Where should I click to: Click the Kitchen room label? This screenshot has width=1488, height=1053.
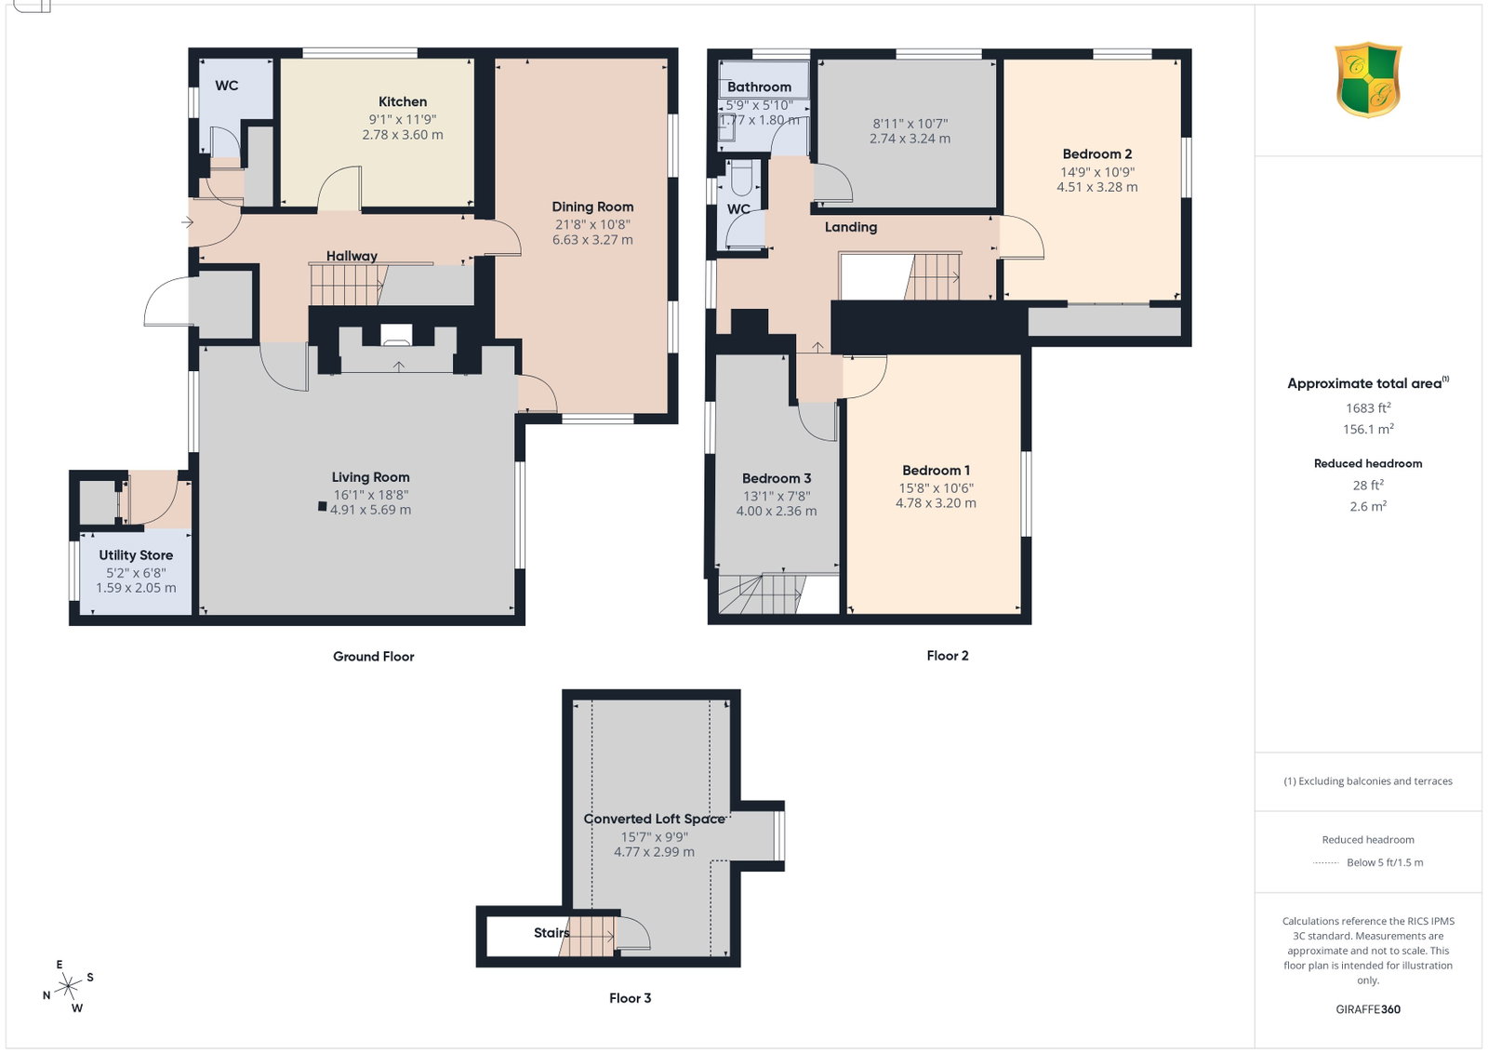pyautogui.click(x=403, y=101)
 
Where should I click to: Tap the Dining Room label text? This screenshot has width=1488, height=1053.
pyautogui.click(x=592, y=207)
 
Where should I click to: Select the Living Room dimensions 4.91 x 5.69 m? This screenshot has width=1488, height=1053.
pyautogui.click(x=371, y=510)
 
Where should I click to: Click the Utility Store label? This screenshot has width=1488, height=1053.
pyautogui.click(x=136, y=555)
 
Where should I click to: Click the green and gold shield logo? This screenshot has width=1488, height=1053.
pyautogui.click(x=1368, y=80)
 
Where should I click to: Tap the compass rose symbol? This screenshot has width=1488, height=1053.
pyautogui.click(x=69, y=987)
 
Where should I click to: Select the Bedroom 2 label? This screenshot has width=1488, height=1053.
pyautogui.click(x=1097, y=154)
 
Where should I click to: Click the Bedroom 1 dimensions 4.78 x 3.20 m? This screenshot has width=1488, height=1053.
pyautogui.click(x=936, y=503)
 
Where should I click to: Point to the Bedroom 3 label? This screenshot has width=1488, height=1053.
pyautogui.click(x=777, y=478)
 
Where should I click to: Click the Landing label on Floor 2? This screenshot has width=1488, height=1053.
pyautogui.click(x=851, y=227)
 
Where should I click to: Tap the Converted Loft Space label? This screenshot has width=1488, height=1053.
pyautogui.click(x=655, y=820)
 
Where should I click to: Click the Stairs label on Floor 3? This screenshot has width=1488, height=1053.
pyautogui.click(x=551, y=933)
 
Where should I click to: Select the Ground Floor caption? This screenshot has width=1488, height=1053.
pyautogui.click(x=373, y=657)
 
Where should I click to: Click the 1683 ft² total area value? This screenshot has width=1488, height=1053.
pyautogui.click(x=1368, y=407)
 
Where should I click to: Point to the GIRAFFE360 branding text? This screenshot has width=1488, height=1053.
pyautogui.click(x=1368, y=1009)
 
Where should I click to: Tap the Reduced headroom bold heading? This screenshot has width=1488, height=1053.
pyautogui.click(x=1368, y=464)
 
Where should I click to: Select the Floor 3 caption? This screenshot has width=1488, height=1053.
pyautogui.click(x=631, y=998)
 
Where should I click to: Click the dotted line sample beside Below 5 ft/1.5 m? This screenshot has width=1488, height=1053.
pyautogui.click(x=1326, y=863)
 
